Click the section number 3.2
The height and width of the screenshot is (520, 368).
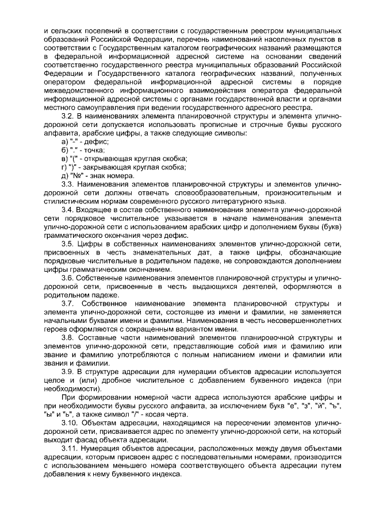click(68, 116)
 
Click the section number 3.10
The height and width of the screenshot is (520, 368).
click(71, 423)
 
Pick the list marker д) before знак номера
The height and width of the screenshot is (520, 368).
click(64, 176)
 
